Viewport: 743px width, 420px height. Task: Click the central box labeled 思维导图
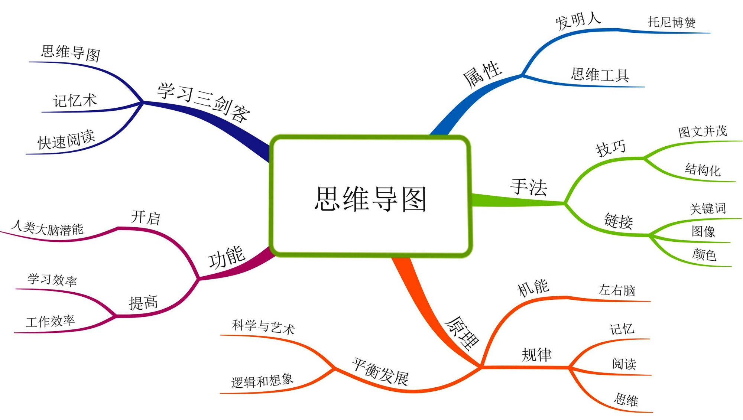(370, 196)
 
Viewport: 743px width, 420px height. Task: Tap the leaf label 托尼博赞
(672, 22)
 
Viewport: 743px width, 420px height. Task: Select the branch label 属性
(482, 75)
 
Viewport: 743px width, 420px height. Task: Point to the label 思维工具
(600, 75)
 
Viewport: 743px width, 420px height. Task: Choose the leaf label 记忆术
(75, 101)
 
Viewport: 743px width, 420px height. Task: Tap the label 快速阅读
(66, 140)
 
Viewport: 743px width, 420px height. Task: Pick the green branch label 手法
(529, 187)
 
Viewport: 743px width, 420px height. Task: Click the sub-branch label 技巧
(611, 148)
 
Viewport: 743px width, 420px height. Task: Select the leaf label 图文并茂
(703, 131)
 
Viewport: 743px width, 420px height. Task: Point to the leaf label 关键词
(708, 208)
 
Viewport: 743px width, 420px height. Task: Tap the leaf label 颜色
(704, 255)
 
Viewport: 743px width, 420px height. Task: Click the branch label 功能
(226, 257)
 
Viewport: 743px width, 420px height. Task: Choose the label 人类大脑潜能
(47, 228)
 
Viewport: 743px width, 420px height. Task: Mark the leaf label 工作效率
(50, 321)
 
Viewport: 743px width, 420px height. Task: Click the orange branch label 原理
(462, 333)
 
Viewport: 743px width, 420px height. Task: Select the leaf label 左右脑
(617, 290)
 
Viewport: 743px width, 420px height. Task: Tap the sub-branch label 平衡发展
(380, 372)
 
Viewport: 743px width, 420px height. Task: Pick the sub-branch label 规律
(536, 355)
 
